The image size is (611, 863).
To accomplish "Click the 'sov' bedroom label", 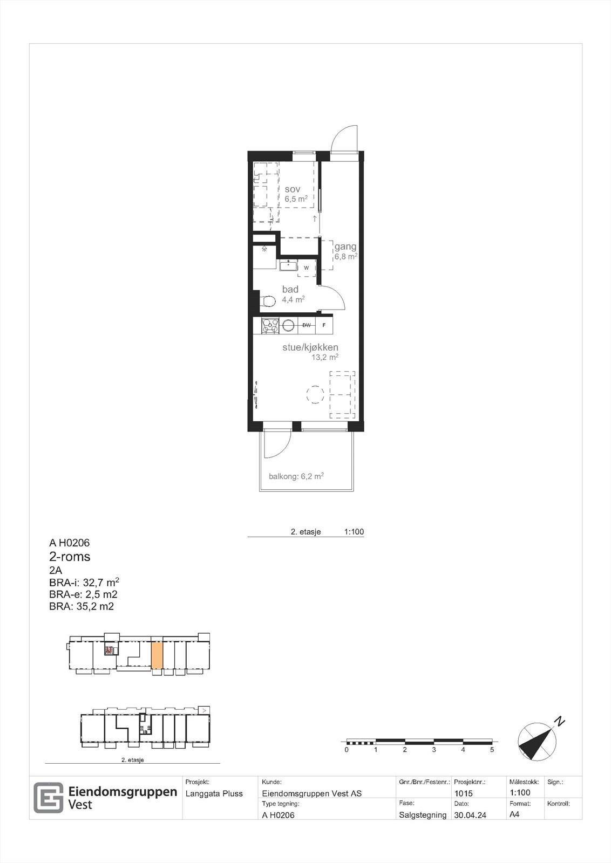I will pos(293,189).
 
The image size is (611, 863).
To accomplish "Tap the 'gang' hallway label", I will pos(345,247).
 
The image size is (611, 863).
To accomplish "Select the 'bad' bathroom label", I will pos(290,290).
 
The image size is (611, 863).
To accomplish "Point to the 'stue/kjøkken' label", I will pos(310,347).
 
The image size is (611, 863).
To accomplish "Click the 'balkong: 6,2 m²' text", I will pos(296,476).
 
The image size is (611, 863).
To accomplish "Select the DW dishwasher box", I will pos(307,325).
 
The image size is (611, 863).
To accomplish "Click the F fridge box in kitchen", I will pos(324,325).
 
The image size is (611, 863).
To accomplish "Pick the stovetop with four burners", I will pos(269,325).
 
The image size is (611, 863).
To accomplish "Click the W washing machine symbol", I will pos(307,268).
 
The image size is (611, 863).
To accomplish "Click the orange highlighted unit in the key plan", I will pos(157,654).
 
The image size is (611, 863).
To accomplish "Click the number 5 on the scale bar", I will pos(492,750).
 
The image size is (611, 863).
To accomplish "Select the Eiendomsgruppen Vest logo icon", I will pos(49,797).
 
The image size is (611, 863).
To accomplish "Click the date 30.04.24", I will pos(470,815).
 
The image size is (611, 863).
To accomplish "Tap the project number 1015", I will pos(464,793).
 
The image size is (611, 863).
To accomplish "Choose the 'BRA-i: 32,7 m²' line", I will pos(84,583).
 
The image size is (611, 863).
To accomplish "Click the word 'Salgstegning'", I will pos(423,815).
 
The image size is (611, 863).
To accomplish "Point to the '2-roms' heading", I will pos(70,557).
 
